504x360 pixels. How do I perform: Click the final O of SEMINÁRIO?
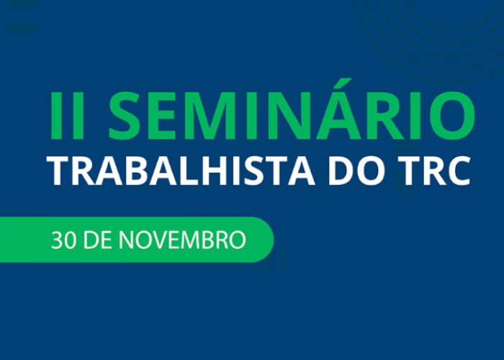(x=450, y=117)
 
